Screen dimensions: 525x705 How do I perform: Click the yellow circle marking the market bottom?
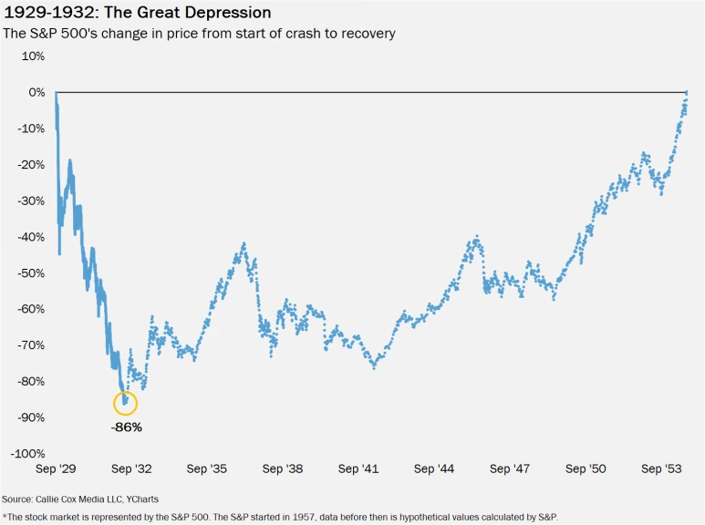(x=125, y=402)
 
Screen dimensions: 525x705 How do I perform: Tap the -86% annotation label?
(x=126, y=426)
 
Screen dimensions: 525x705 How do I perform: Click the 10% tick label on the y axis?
(x=33, y=56)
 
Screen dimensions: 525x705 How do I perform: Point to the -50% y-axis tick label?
(x=30, y=273)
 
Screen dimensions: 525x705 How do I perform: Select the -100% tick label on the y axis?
(x=26, y=453)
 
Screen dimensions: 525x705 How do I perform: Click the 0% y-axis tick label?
(x=36, y=92)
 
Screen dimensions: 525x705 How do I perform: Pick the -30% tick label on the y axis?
(x=30, y=201)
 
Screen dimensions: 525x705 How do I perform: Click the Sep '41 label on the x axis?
(x=358, y=468)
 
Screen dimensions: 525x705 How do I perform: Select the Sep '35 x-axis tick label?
(x=207, y=468)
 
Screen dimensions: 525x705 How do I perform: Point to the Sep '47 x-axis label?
(x=509, y=468)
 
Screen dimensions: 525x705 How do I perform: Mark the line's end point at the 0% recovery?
(x=687, y=92)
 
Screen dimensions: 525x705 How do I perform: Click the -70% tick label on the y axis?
(x=30, y=345)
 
